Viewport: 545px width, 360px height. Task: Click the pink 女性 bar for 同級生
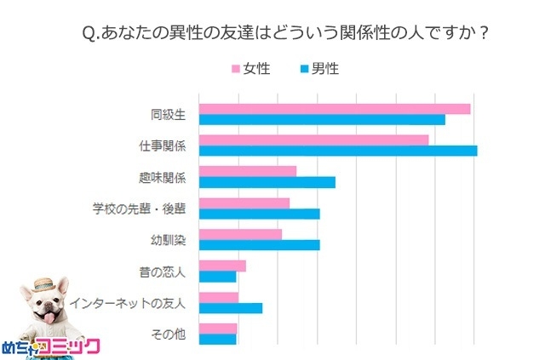click(x=334, y=108)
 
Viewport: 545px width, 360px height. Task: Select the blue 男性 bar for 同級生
click(x=321, y=119)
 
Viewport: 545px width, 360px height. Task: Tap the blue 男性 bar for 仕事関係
click(x=337, y=151)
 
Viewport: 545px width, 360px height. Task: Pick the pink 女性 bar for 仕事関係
click(x=313, y=140)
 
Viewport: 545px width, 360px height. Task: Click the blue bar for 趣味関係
click(x=267, y=182)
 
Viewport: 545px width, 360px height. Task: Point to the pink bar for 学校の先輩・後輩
click(x=244, y=203)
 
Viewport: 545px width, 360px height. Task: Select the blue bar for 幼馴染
click(x=259, y=245)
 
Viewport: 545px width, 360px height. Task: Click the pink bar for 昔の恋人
click(x=221, y=266)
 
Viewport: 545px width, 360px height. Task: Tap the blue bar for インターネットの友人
click(x=230, y=308)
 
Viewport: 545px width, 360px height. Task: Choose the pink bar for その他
click(x=217, y=329)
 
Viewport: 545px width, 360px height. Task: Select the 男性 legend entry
click(x=316, y=68)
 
